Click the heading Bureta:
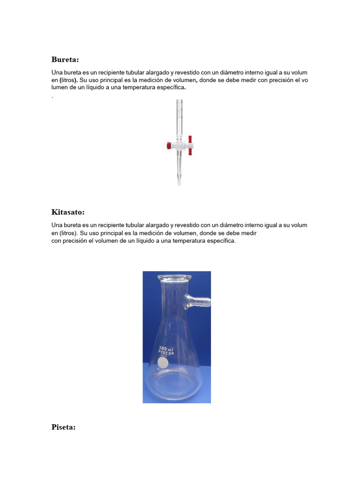(x=65, y=60)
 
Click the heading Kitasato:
(x=67, y=212)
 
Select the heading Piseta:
(x=63, y=427)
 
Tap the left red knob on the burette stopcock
(x=168, y=146)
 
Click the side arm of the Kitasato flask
(x=199, y=300)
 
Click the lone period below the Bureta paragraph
(x=52, y=97)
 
